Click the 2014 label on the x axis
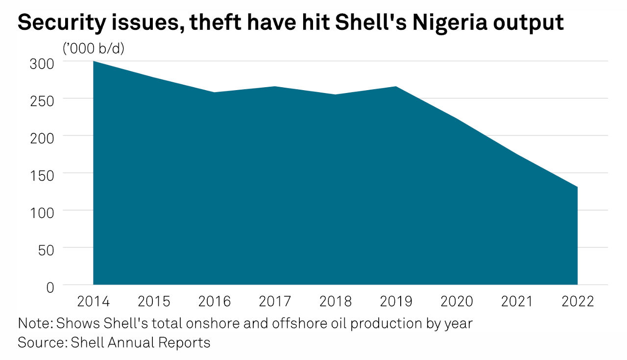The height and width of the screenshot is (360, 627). (94, 301)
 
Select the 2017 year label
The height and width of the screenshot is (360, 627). (275, 301)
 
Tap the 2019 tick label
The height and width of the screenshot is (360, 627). (396, 301)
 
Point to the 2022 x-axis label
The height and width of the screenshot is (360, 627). (578, 301)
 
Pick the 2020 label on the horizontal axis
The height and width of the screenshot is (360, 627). (457, 301)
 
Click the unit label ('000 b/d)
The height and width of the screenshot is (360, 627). (93, 48)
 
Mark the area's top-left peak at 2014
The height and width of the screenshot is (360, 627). (94, 61)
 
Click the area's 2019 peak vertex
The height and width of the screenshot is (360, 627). (396, 87)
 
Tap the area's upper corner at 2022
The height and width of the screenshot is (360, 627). (577, 187)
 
